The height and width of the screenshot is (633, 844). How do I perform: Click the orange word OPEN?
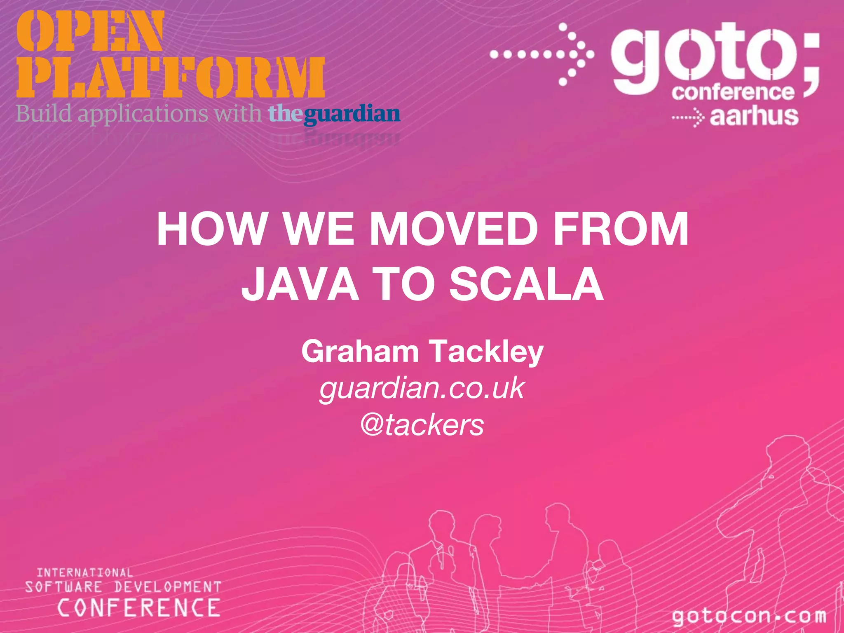(90, 31)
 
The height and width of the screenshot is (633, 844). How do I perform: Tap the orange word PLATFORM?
(171, 78)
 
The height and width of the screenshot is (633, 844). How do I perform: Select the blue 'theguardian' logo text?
(334, 114)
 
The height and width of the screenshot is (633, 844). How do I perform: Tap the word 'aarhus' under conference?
(754, 116)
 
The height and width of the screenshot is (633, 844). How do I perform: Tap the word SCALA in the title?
(526, 284)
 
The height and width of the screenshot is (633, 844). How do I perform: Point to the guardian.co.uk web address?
(422, 389)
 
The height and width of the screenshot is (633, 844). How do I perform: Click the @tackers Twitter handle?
(422, 425)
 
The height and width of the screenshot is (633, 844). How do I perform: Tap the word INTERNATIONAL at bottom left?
(85, 572)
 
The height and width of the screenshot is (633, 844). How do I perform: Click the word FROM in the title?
(621, 229)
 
